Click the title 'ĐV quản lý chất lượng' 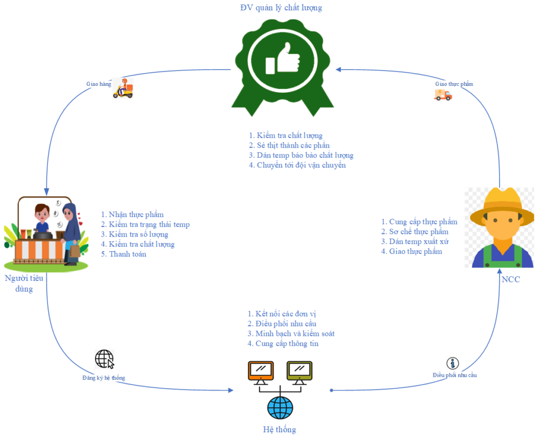point(281,7)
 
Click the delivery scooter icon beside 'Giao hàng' point(123,88)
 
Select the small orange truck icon point(443,95)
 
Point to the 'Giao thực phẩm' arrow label point(454,84)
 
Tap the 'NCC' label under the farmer point(510,279)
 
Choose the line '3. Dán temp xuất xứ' point(415,241)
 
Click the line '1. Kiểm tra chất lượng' point(286,136)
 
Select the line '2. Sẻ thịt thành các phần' point(289,145)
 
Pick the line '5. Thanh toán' point(123,254)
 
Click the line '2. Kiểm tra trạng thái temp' point(145,224)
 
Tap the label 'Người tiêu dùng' point(24,283)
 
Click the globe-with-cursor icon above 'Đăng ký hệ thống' point(104,359)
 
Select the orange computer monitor point(260,371)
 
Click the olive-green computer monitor point(299,371)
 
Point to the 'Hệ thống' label point(280,430)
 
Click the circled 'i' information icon point(452,363)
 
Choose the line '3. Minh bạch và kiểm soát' point(291,334)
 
